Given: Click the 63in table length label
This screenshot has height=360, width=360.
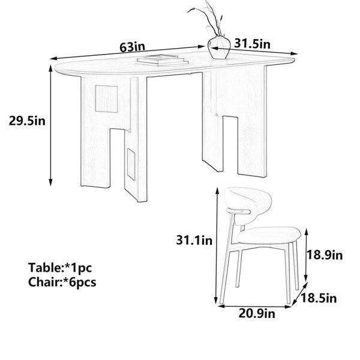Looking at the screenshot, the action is [133, 47].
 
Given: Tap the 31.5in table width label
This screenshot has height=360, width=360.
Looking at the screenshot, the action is [253, 44].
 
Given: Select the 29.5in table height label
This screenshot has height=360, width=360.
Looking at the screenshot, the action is [27, 121].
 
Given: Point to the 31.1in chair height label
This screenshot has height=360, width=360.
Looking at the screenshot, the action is [194, 241].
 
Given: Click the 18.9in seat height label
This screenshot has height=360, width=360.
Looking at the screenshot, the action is [325, 255].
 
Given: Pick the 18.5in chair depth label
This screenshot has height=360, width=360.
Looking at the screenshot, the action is [319, 298].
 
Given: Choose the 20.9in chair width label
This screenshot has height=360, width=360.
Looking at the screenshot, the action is [257, 313].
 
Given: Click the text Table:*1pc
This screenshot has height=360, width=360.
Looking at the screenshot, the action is [60, 268].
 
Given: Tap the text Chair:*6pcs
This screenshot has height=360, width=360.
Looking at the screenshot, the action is [62, 283].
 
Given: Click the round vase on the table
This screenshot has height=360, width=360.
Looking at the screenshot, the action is [219, 47].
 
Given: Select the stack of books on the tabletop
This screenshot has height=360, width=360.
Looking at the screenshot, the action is [163, 60].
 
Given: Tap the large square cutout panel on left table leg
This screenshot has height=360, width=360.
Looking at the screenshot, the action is [106, 99].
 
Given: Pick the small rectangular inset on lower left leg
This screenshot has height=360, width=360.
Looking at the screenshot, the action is [131, 164].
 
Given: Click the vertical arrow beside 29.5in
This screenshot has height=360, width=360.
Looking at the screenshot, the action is [51, 125].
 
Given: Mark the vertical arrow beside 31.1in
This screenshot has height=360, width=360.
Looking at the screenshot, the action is [216, 246].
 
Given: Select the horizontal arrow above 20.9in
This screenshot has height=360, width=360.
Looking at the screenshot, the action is [255, 307].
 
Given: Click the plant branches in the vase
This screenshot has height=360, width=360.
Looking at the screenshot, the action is [208, 19].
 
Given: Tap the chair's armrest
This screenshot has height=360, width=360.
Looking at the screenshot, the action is [238, 211].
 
